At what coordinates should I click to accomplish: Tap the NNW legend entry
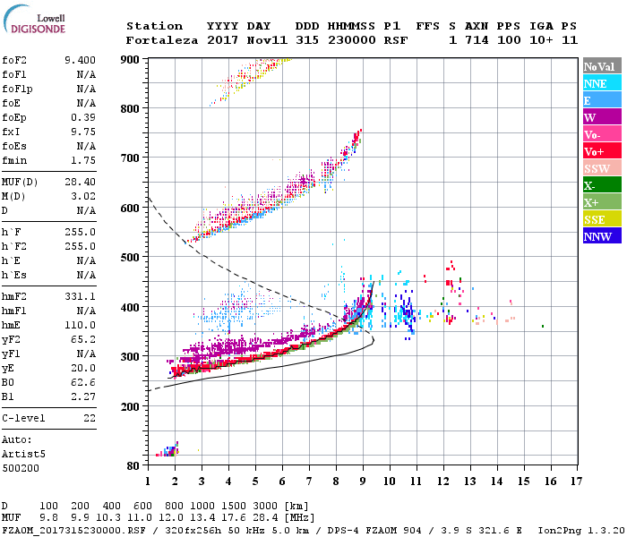[x=597, y=236]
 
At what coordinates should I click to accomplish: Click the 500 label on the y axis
[x=131, y=258]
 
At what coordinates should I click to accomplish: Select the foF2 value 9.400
[x=81, y=60]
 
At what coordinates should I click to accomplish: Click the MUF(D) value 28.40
[x=81, y=183]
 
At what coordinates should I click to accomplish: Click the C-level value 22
[x=90, y=418]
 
